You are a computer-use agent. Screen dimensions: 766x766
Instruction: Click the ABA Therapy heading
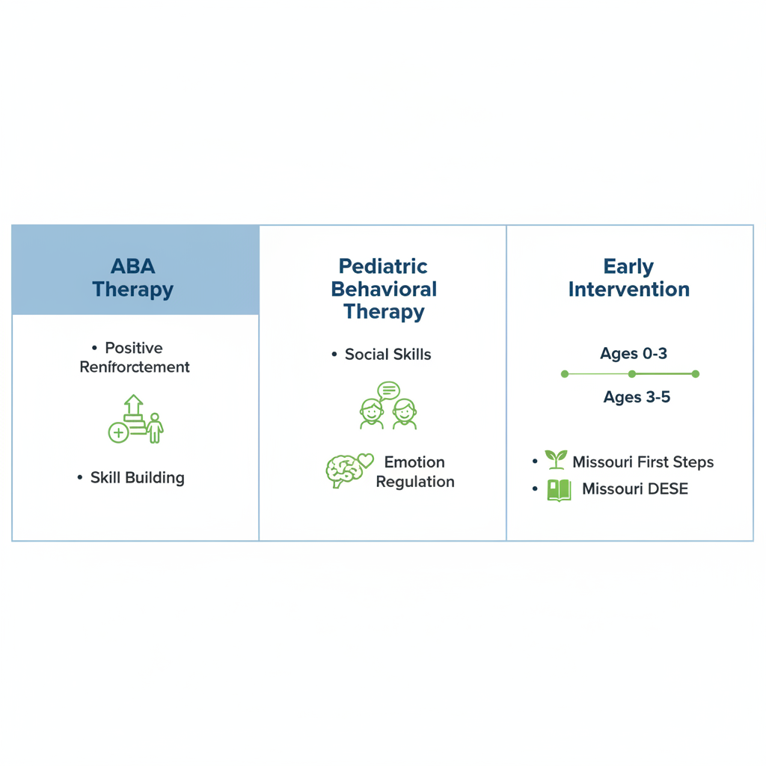(132, 278)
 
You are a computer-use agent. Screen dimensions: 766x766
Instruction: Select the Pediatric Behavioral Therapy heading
(384, 289)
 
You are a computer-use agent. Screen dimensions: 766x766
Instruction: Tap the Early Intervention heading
(629, 278)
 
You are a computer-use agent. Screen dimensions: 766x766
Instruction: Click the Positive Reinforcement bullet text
(135, 358)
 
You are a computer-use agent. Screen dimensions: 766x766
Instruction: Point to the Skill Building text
(137, 478)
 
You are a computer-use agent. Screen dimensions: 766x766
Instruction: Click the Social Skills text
(387, 355)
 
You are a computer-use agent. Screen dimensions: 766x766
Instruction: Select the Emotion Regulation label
(414, 472)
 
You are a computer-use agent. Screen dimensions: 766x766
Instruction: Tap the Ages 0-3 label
(633, 354)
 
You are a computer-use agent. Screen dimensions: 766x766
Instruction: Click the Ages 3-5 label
(637, 397)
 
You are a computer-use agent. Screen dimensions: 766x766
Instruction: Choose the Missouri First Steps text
(643, 462)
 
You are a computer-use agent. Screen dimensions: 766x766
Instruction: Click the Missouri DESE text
(634, 490)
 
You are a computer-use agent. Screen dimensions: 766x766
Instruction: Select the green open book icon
(559, 490)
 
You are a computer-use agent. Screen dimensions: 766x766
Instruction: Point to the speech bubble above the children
(388, 390)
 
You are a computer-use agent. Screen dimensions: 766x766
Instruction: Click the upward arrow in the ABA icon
(133, 405)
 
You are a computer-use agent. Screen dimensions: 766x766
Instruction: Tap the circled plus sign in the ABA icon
(118, 432)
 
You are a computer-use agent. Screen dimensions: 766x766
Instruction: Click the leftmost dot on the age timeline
(565, 374)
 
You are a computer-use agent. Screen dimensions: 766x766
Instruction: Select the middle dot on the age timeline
(632, 374)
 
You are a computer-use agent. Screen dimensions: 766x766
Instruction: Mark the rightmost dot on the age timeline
(696, 374)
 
